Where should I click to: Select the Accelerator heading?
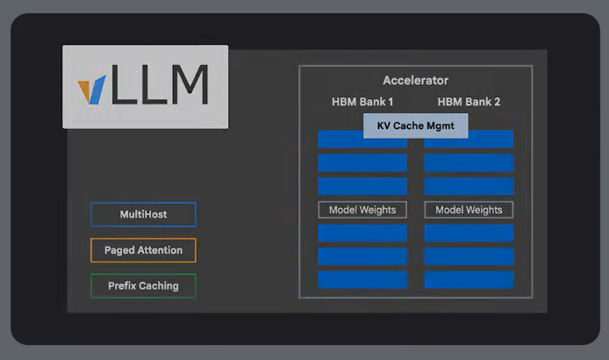click(415, 81)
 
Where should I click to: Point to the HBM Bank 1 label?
click(362, 102)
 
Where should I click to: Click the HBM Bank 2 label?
click(469, 102)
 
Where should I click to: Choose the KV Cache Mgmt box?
click(416, 126)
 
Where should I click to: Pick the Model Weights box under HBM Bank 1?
click(362, 210)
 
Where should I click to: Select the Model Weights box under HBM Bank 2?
click(469, 210)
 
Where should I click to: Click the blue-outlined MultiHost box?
click(143, 214)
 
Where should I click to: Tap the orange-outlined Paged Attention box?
click(143, 250)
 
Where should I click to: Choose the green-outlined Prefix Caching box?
click(143, 285)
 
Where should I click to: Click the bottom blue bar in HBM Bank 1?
click(362, 279)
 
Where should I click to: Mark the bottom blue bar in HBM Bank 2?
click(469, 279)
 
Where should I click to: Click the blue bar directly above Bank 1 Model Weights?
click(362, 186)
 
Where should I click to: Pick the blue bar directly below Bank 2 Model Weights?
click(469, 233)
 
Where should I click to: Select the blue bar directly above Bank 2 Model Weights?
click(469, 186)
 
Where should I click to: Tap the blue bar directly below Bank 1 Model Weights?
click(362, 233)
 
